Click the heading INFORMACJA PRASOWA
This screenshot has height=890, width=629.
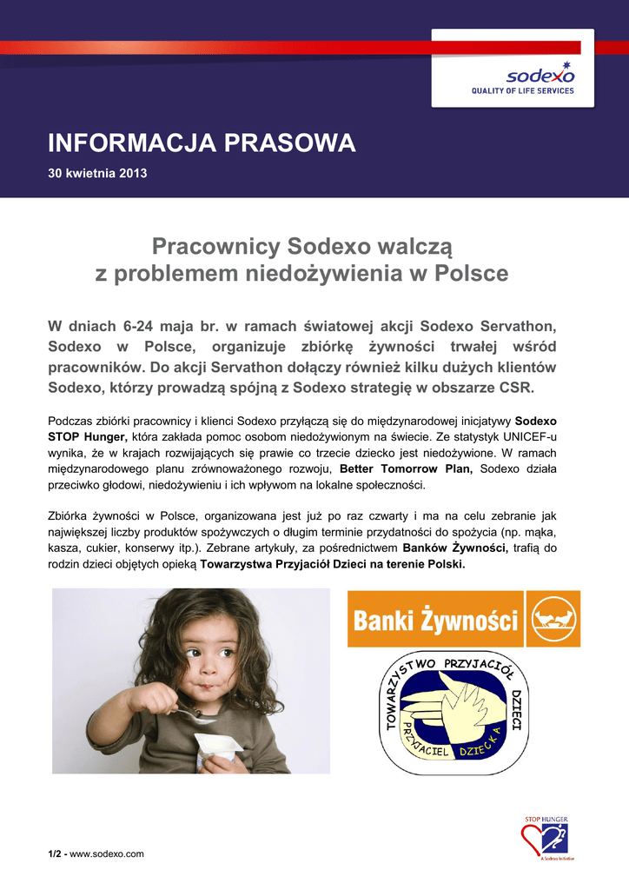[x=202, y=143]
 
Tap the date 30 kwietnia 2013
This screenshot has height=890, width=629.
[x=97, y=173]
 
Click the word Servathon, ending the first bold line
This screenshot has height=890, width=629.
[x=518, y=326]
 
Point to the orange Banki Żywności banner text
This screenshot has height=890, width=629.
[x=435, y=621]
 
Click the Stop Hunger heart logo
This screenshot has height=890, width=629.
[x=544, y=840]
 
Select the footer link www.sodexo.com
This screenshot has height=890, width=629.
[x=107, y=854]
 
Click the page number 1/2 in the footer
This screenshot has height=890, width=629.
[x=55, y=854]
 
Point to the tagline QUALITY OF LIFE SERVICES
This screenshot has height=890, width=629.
[x=522, y=90]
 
